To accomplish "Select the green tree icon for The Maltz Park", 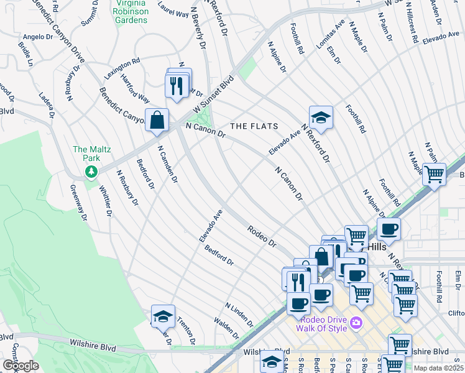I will pyautogui.click(x=91, y=170).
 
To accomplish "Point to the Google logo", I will pyautogui.click(x=21, y=366).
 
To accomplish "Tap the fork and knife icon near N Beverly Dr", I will pyautogui.click(x=177, y=85).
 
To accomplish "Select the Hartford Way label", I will pyautogui.click(x=136, y=91).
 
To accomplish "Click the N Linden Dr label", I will pyautogui.click(x=239, y=315).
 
